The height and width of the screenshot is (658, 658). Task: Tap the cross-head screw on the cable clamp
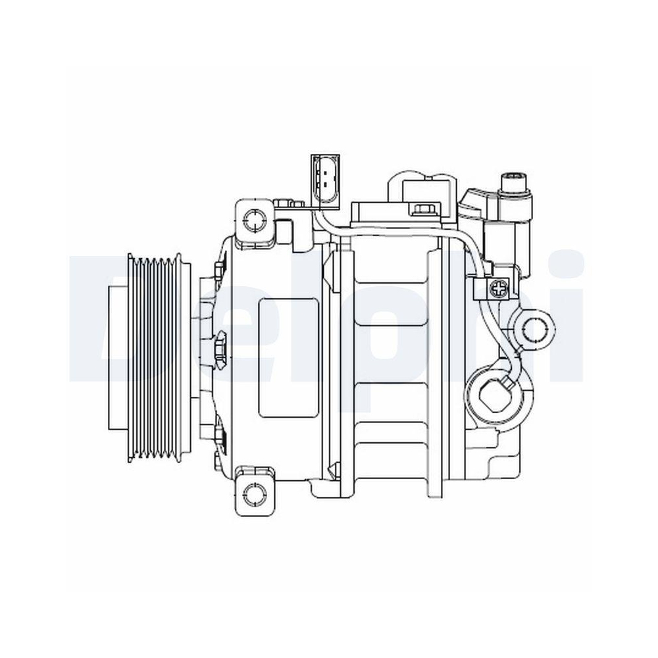pos(499,287)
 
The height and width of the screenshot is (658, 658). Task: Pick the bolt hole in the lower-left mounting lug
pos(252,493)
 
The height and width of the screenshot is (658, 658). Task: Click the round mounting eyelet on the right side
pos(538,326)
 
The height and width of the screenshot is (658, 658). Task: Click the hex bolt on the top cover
pos(422,210)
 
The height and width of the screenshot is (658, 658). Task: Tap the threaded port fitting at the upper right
pos(515,182)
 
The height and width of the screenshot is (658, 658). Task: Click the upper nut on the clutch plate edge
pos(218,270)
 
